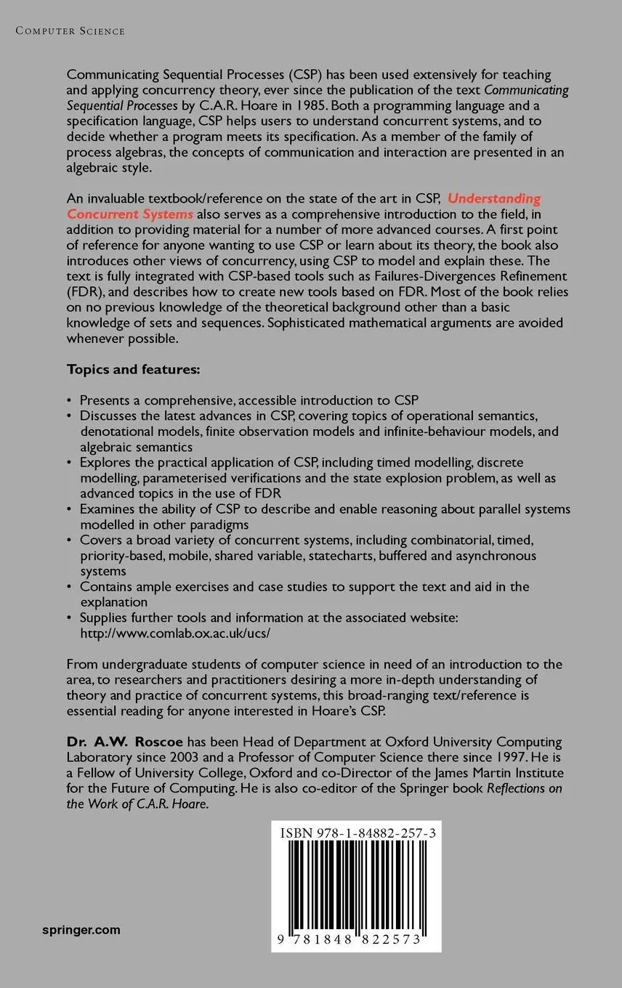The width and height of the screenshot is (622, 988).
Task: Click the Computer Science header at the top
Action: pyautogui.click(x=70, y=31)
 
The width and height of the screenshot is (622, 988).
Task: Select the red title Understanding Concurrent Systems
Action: pyautogui.click(x=304, y=206)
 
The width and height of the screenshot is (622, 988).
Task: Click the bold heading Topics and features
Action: pyautogui.click(x=133, y=369)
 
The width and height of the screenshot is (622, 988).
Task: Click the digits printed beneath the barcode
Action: pyautogui.click(x=358, y=939)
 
